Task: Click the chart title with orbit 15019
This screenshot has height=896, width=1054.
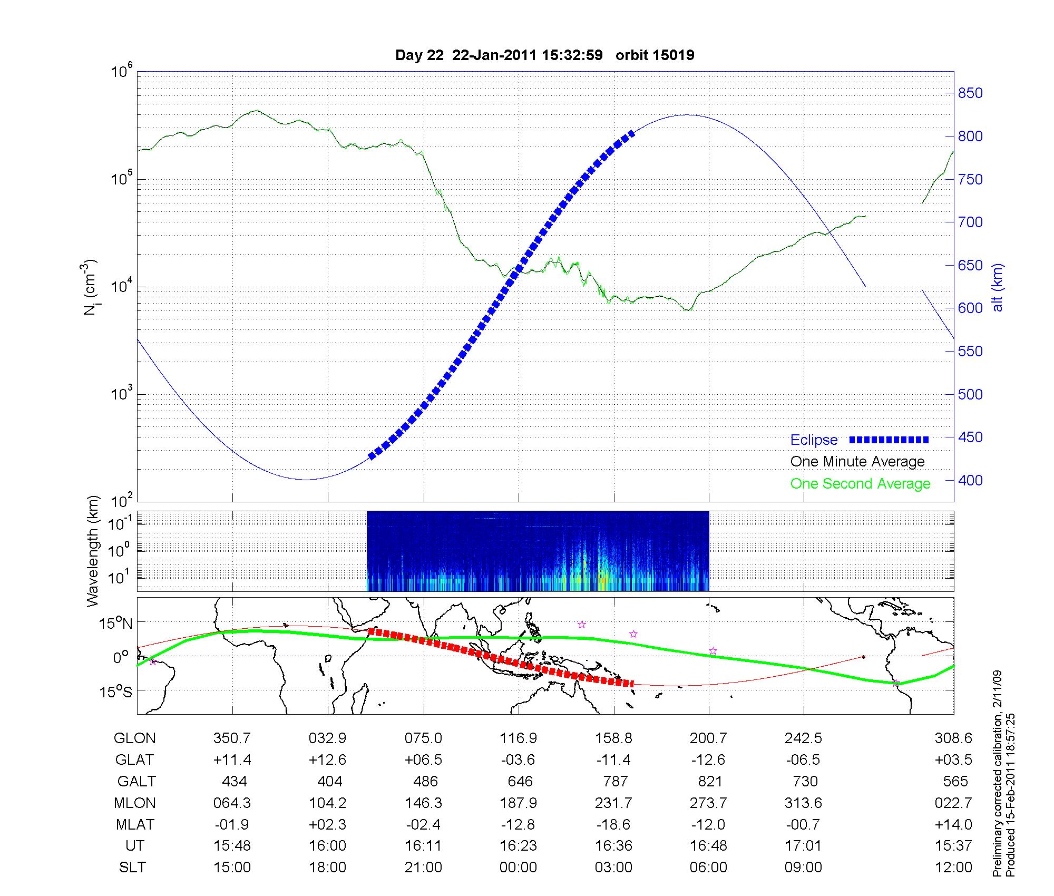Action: (544, 55)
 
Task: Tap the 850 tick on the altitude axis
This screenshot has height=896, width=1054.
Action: (970, 93)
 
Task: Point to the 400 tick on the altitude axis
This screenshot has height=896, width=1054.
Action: (970, 480)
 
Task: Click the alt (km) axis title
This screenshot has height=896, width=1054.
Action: (998, 287)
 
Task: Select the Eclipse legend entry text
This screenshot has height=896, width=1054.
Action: (814, 440)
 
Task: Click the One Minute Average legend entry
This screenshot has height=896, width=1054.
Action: (857, 462)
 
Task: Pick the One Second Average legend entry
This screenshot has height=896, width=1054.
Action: (860, 484)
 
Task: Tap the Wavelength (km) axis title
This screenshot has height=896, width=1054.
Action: (93, 551)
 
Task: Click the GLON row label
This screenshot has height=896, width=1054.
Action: (134, 738)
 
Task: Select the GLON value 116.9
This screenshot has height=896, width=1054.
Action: (519, 738)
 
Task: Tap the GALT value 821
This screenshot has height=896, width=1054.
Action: (709, 781)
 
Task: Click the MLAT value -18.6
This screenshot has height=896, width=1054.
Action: (614, 824)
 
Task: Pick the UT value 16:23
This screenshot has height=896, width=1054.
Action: (519, 846)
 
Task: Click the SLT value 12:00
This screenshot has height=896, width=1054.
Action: (953, 868)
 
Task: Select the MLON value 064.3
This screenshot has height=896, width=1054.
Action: (232, 803)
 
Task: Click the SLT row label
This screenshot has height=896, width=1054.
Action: (132, 868)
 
